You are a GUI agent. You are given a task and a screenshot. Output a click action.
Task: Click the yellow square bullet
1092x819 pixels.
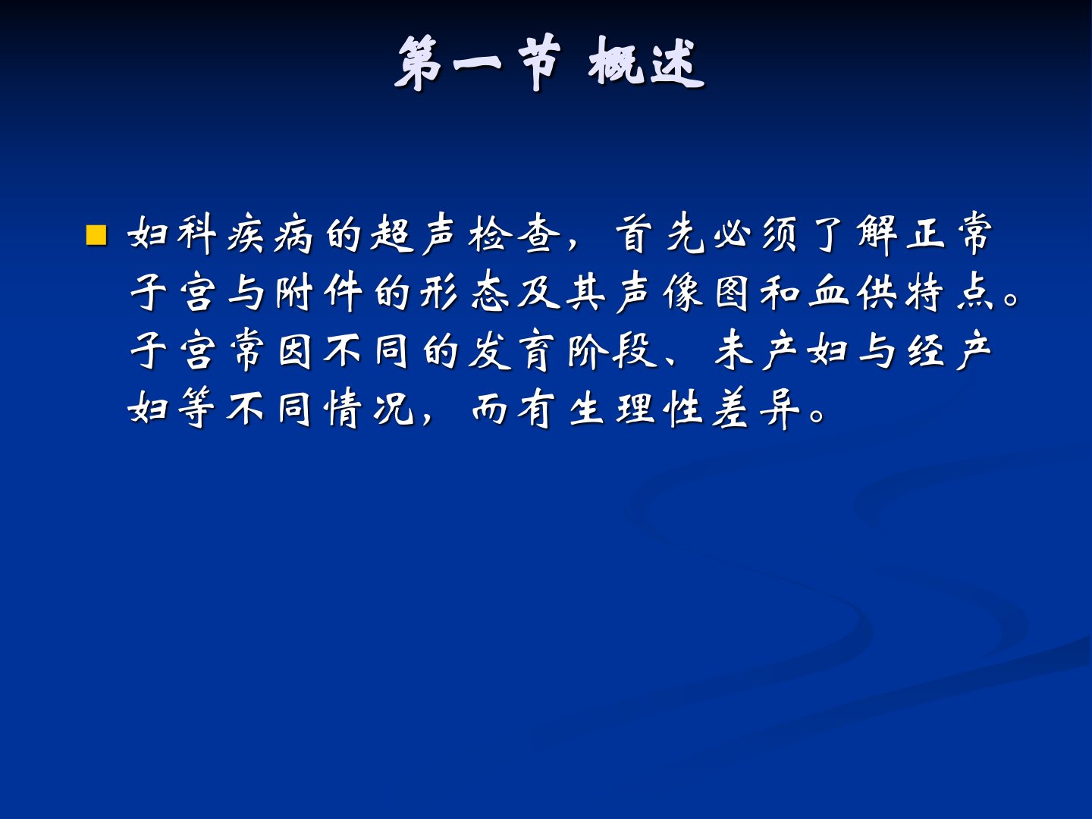[96, 236]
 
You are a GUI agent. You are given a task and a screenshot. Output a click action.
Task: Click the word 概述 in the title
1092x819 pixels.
[646, 63]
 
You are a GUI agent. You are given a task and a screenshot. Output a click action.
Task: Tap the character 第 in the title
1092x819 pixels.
[419, 63]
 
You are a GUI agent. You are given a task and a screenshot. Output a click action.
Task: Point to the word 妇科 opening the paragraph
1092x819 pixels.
[171, 234]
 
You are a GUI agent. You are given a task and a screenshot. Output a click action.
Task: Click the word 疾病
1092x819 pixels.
[270, 234]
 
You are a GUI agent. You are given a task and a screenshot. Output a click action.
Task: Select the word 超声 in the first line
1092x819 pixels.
[414, 234]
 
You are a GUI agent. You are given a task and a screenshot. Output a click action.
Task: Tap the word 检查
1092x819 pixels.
[513, 234]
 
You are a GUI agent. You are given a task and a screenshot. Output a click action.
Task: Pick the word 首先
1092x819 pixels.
[660, 234]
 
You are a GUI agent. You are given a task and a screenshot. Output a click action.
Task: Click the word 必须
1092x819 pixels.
[757, 234]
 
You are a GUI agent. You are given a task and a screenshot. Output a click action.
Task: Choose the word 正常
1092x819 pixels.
[949, 234]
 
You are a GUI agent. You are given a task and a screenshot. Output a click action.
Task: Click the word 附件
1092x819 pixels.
[319, 293]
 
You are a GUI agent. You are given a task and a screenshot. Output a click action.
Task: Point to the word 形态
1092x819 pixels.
[464, 293]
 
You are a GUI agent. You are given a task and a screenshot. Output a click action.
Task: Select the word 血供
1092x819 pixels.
[853, 293]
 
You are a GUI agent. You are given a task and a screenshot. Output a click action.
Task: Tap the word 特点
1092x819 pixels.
[949, 293]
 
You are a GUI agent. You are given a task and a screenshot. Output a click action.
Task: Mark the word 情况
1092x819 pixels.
[369, 409]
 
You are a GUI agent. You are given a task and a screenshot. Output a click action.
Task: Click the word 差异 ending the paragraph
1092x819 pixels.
[756, 409]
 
